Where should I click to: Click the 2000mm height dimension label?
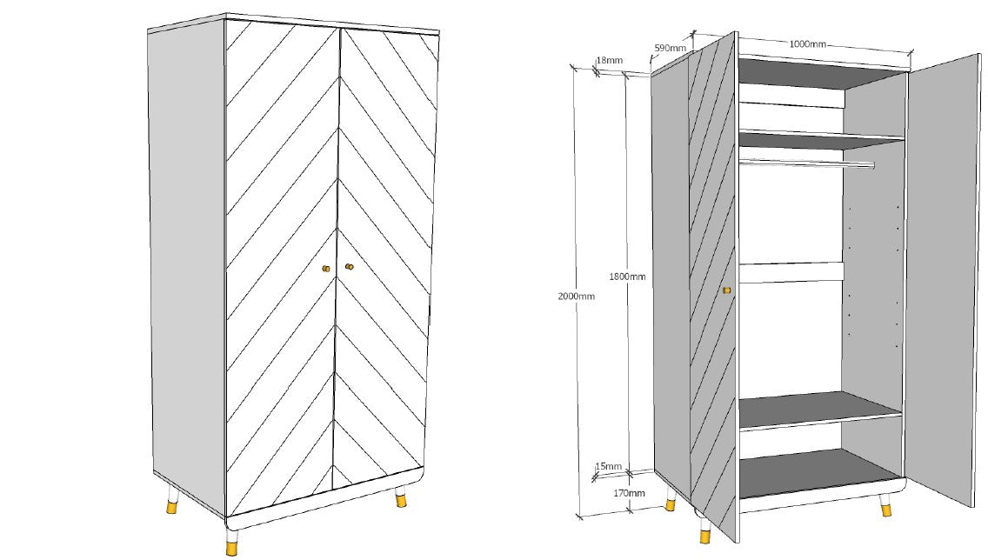coord(576,297)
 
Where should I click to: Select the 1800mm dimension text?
coord(627,277)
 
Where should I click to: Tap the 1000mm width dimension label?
coord(807,44)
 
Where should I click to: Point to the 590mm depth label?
coord(671,49)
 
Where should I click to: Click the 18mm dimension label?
coord(609,60)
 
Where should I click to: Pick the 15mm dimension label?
coord(609,467)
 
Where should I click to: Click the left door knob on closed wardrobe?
coord(326,269)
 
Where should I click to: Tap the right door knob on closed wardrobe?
coord(350,267)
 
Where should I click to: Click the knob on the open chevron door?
coord(727,290)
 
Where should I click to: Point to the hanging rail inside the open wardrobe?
coord(805,163)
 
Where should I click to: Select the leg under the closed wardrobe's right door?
coord(401,499)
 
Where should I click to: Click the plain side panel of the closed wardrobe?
coord(186,261)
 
